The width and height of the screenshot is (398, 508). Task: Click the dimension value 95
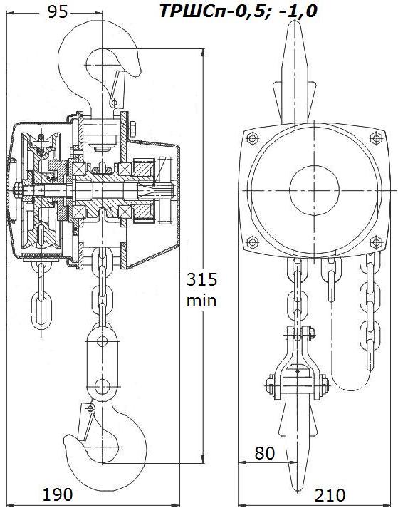tap(58, 12)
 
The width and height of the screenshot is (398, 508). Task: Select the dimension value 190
tap(58, 494)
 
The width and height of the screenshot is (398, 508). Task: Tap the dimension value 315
tap(201, 279)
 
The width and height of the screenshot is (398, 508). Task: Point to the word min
tap(201, 301)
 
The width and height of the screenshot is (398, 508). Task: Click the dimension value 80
tap(265, 453)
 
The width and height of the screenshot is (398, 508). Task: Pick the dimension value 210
tap(330, 495)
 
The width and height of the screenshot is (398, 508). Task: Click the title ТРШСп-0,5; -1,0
tap(239, 11)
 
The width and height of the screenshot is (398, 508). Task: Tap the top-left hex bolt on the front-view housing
tap(252, 138)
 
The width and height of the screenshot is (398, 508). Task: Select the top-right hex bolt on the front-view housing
tap(376, 138)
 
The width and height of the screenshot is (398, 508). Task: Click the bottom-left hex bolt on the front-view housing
tap(252, 242)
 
